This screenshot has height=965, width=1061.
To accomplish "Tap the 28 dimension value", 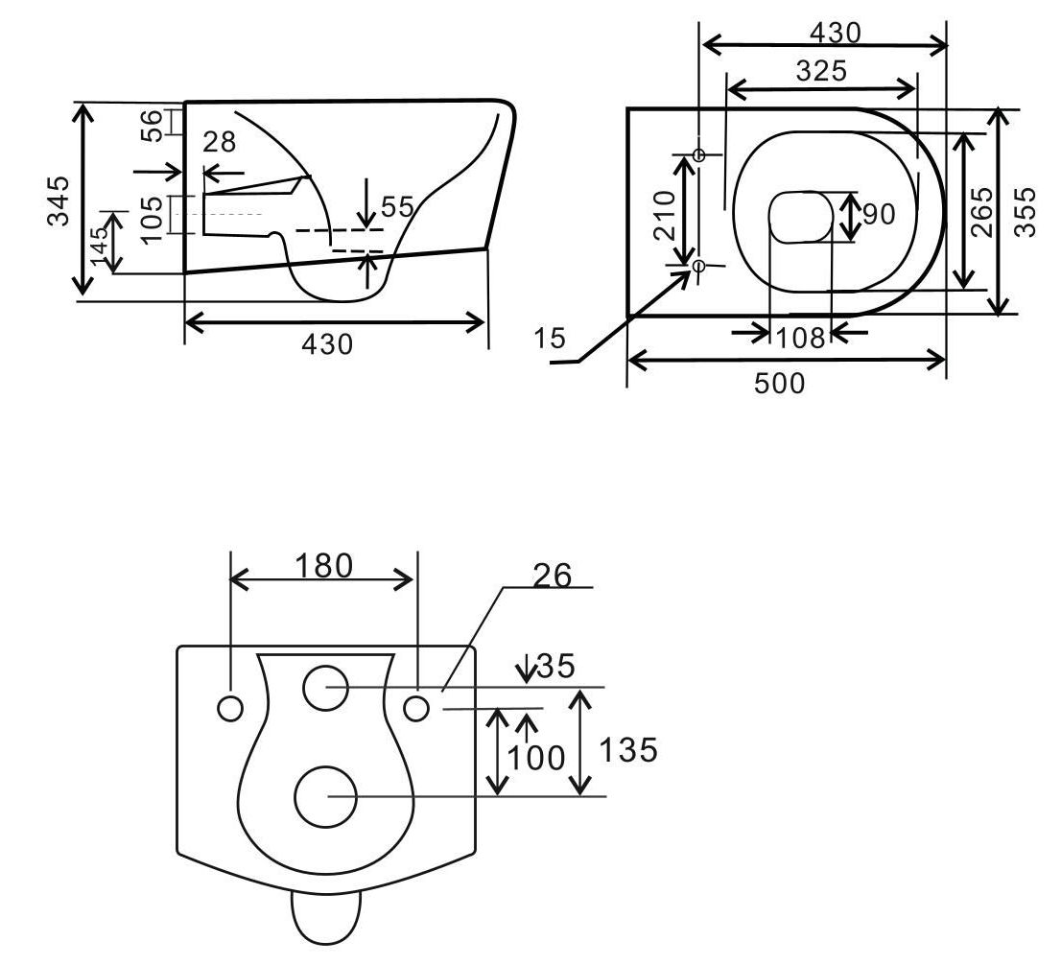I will [x=220, y=142].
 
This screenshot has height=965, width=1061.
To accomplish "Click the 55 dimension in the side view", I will [x=397, y=206].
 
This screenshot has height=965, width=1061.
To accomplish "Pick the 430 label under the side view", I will [x=327, y=344].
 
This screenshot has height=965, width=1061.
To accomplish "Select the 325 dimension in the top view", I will [x=821, y=70].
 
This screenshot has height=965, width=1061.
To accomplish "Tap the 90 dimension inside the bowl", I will [x=878, y=214].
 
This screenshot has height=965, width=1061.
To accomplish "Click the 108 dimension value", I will [x=800, y=338].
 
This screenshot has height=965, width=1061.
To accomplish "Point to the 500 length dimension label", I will [x=779, y=384].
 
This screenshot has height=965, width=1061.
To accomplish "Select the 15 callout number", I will [x=551, y=339].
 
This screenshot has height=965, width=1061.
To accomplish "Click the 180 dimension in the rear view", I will [x=323, y=566].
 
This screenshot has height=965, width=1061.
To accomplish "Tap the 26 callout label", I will [x=551, y=576].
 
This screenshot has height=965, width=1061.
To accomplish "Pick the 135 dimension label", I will [x=628, y=749].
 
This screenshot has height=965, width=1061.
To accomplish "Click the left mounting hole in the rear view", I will [x=230, y=708].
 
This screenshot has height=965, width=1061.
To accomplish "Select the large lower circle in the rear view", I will [x=325, y=796].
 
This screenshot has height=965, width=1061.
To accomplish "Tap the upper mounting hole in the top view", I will [x=699, y=155].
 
